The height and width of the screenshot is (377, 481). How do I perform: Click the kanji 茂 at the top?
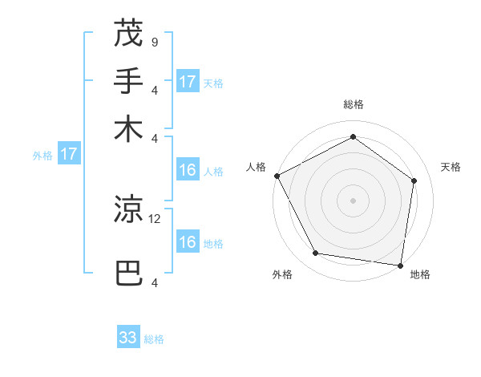click(128, 34)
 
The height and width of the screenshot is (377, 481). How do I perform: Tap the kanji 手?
click(128, 81)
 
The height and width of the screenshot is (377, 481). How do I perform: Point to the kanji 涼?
click(128, 209)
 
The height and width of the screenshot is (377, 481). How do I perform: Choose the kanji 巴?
click(128, 274)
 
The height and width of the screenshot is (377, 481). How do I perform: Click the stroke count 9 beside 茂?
click(154, 42)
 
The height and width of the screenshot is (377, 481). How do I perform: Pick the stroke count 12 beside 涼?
click(155, 217)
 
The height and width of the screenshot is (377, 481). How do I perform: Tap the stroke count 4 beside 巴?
click(154, 282)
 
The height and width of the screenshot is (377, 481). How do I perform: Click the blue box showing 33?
click(128, 338)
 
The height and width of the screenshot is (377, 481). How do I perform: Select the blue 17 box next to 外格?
click(69, 154)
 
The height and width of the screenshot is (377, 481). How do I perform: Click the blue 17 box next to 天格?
click(188, 81)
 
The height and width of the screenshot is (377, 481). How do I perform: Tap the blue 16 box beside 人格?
click(188, 170)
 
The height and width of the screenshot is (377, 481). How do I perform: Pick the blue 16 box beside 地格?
click(188, 242)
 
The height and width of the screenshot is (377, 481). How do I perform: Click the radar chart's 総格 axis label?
click(354, 104)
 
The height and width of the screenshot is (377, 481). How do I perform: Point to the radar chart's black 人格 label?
click(257, 167)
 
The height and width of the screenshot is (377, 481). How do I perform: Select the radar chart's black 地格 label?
click(420, 274)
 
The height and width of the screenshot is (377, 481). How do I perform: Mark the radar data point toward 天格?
click(414, 180)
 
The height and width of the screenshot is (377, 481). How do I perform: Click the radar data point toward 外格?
click(316, 253)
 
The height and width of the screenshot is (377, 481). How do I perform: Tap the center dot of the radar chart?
click(354, 200)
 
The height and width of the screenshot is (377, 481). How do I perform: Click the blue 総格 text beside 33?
click(154, 339)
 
